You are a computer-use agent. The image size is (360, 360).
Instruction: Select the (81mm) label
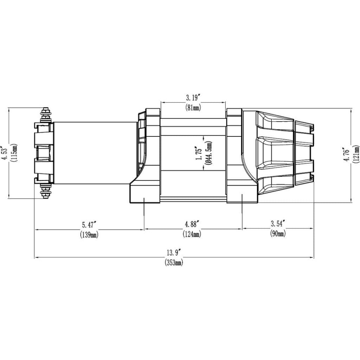click(x=193, y=108)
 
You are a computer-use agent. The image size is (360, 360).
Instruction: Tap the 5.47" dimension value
click(x=89, y=224)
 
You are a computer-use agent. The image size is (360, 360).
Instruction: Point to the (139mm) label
click(x=89, y=234)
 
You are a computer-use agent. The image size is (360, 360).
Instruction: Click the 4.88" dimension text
click(x=192, y=224)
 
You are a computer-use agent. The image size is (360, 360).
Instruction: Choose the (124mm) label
click(x=192, y=234)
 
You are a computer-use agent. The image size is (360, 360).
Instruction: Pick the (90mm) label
click(x=278, y=233)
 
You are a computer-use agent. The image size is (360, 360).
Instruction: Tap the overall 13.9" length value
click(x=174, y=253)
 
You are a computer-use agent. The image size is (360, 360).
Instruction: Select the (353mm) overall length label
click(x=174, y=262)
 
